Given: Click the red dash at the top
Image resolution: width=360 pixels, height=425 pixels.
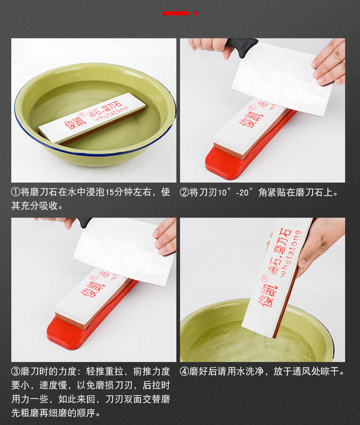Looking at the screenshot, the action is (176, 13).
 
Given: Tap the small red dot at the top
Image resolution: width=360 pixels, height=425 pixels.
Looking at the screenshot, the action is (196, 13).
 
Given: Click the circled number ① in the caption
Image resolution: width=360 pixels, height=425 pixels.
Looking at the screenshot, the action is (15, 192).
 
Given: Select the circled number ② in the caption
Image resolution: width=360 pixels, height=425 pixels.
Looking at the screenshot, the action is (184, 192).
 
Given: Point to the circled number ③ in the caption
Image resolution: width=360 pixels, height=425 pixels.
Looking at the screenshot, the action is (15, 371).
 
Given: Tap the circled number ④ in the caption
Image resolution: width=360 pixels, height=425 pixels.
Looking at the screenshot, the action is (184, 371).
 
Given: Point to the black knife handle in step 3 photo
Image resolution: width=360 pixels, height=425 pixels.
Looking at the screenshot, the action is (84, 222).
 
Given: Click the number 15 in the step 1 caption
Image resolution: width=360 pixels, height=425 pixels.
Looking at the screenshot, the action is (109, 192).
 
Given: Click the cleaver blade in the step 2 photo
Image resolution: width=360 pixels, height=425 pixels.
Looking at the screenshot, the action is (282, 79).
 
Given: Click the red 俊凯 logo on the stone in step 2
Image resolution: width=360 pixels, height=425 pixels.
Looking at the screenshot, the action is (251, 116).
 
